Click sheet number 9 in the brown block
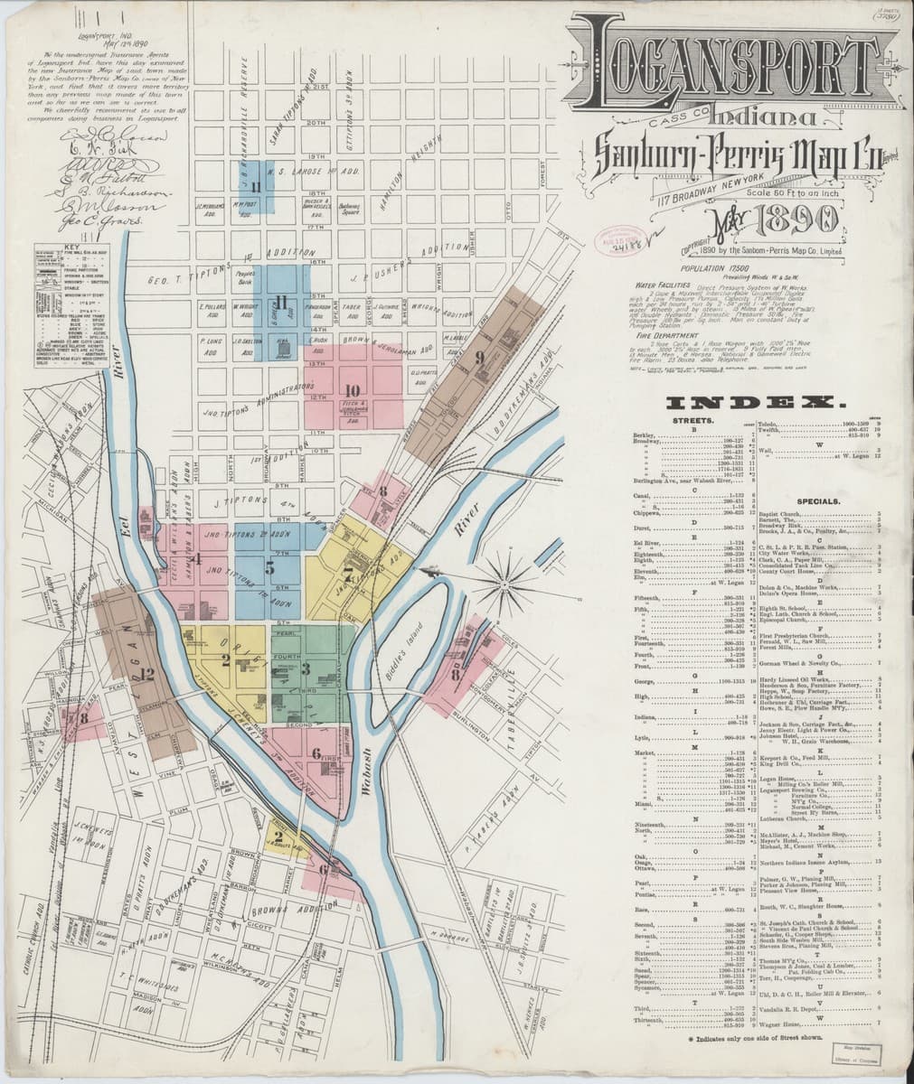(455, 356)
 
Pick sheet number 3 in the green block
(306, 669)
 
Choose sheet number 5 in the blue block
(269, 568)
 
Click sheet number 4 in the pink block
(195, 558)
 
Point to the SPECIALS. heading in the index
(820, 500)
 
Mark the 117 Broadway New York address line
(711, 192)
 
